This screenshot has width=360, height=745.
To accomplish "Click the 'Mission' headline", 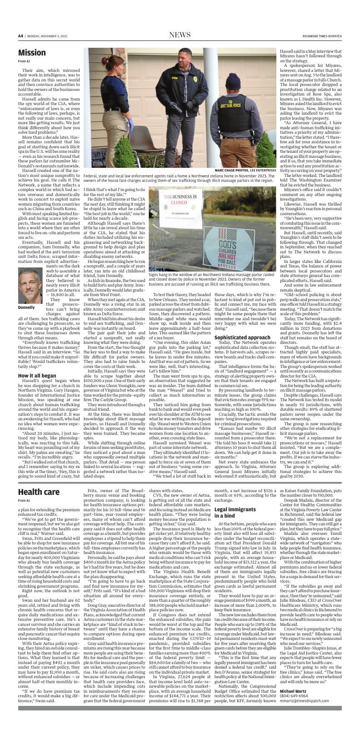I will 32,53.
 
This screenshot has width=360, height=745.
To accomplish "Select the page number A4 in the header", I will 20,36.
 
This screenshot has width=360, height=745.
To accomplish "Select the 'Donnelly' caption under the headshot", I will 26,307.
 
